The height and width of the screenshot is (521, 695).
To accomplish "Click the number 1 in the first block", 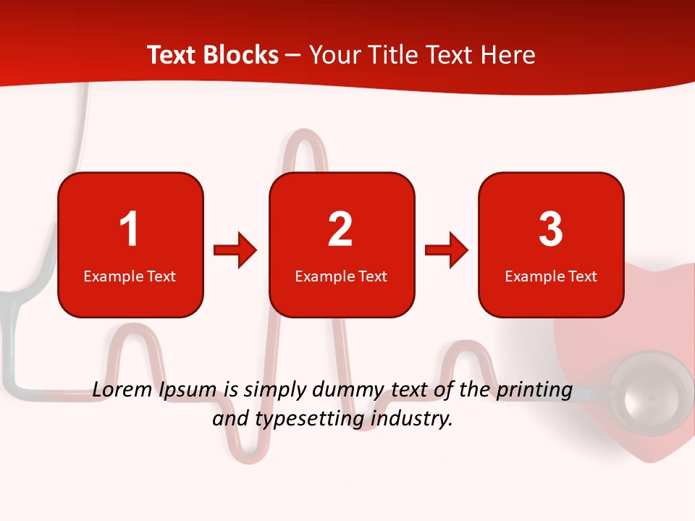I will [x=130, y=229].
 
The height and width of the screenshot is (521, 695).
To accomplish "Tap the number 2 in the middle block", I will [x=340, y=229].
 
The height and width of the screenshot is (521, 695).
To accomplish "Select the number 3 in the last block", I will [x=550, y=229].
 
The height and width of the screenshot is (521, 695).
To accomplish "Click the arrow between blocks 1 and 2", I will [x=235, y=250].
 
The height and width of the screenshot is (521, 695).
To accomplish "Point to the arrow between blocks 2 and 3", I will [x=447, y=250].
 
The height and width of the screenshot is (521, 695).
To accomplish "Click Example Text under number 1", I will [x=130, y=276].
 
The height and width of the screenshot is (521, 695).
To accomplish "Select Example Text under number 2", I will [x=341, y=276].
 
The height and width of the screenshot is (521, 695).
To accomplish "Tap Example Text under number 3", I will [x=551, y=276].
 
